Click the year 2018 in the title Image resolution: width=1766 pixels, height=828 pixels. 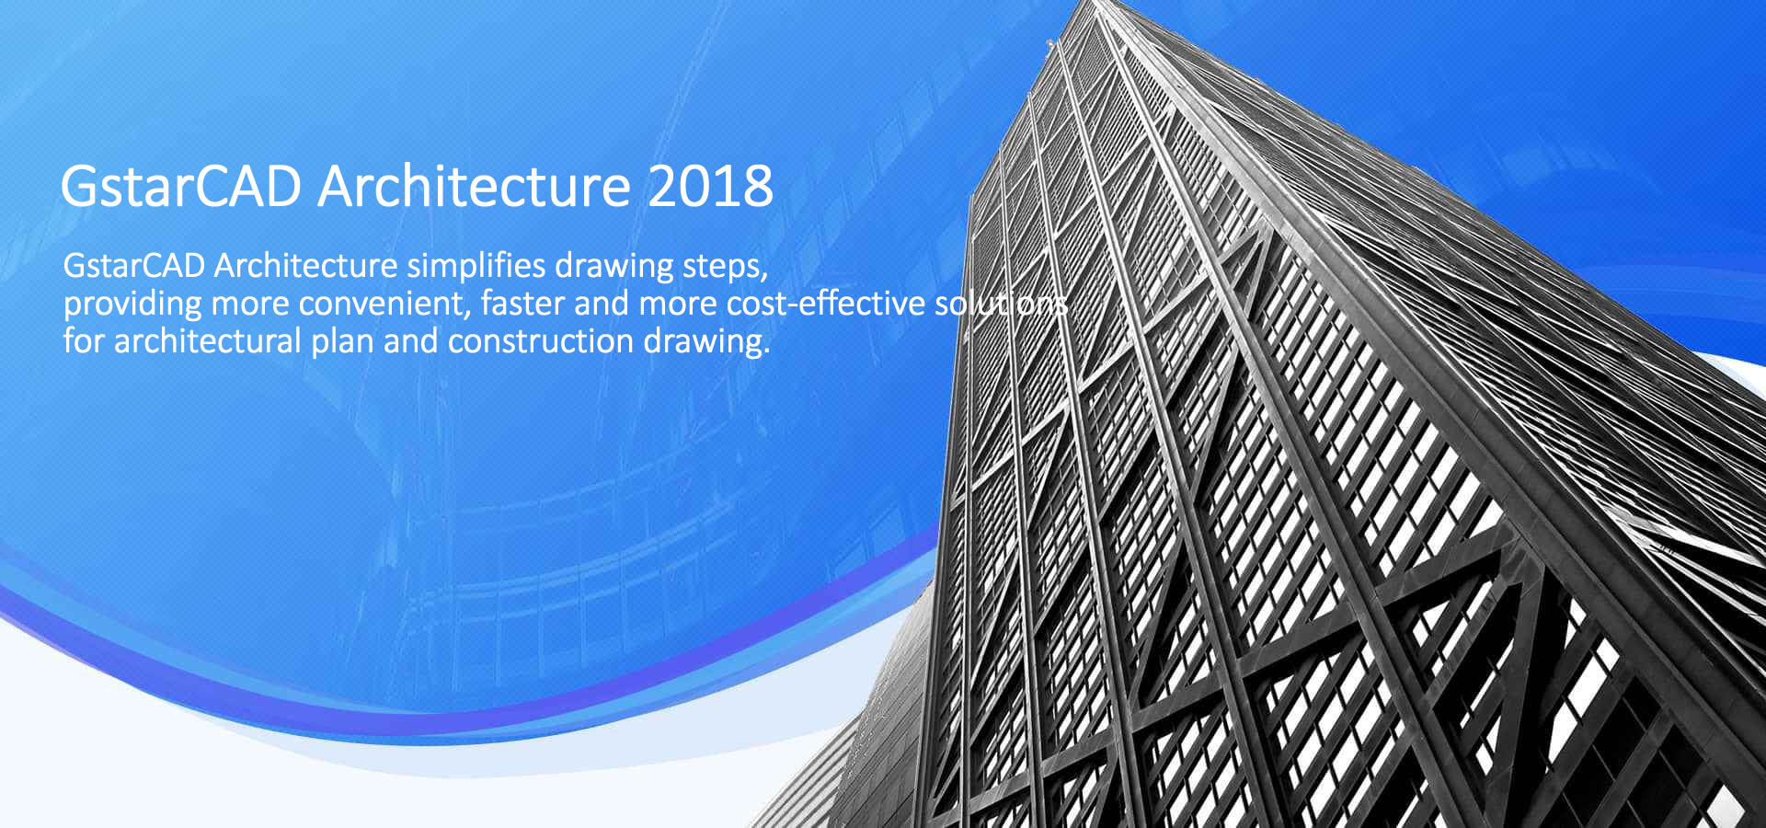(x=710, y=186)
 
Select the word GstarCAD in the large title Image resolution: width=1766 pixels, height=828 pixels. (x=181, y=186)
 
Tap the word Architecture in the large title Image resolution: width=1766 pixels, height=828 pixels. (x=475, y=186)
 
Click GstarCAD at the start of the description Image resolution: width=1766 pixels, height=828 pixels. (x=134, y=266)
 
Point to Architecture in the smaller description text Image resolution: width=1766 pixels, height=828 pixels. (x=305, y=266)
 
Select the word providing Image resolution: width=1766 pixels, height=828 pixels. (x=132, y=305)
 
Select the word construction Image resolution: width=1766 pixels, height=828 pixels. (x=541, y=341)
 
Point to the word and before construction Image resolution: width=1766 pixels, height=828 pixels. (x=411, y=341)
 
